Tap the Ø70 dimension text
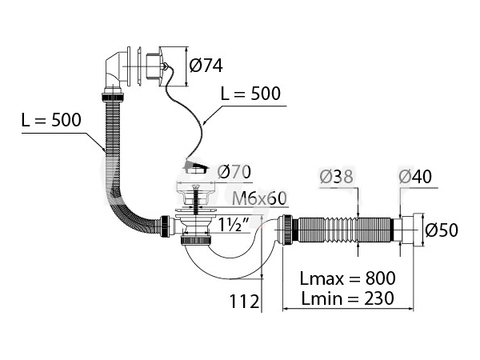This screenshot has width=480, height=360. pos(235,171)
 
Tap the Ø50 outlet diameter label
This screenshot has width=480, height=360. pos(442,230)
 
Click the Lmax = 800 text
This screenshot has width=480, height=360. pos(347,278)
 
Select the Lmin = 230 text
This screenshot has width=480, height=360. pos(347,299)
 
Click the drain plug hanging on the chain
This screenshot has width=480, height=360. pos(194,166)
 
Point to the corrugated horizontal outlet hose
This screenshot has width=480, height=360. pos(348,229)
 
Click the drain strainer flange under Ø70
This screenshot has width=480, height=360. pos(194,189)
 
